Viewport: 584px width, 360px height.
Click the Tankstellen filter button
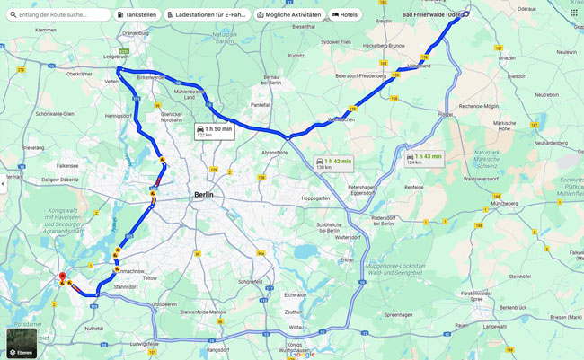point(137,15)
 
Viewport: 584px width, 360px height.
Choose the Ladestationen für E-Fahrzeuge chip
point(208,15)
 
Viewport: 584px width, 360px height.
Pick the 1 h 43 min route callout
point(423,158)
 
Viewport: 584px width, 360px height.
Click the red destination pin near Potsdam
point(62,278)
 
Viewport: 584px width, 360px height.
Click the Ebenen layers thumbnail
point(22,343)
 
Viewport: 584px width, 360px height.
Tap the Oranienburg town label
point(135,33)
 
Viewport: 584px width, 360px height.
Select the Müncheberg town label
point(505,204)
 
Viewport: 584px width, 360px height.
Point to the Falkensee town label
point(67,165)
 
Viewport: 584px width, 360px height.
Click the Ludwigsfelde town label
point(144,343)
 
